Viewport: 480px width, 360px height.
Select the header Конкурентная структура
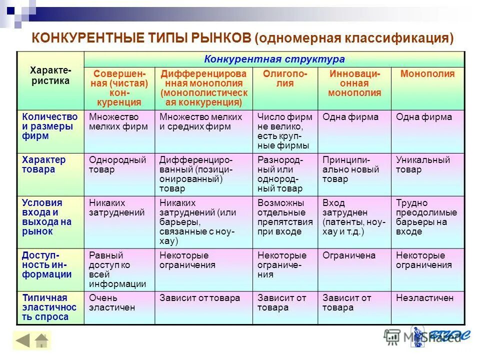tap(274, 59)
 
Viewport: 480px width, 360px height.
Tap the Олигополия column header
tap(285, 79)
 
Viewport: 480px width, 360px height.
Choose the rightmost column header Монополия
tap(427, 74)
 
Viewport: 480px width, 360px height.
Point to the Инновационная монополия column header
tap(354, 83)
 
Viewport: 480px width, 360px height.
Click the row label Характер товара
tap(44, 165)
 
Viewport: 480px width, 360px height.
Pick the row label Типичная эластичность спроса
tap(45, 307)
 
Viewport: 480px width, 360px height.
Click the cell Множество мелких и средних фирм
tap(200, 121)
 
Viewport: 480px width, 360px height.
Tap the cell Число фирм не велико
tap(284, 131)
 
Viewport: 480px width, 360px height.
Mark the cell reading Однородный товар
tap(117, 165)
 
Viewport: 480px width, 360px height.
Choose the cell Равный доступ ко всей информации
tap(117, 269)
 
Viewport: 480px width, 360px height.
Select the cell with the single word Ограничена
tap(349, 255)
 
